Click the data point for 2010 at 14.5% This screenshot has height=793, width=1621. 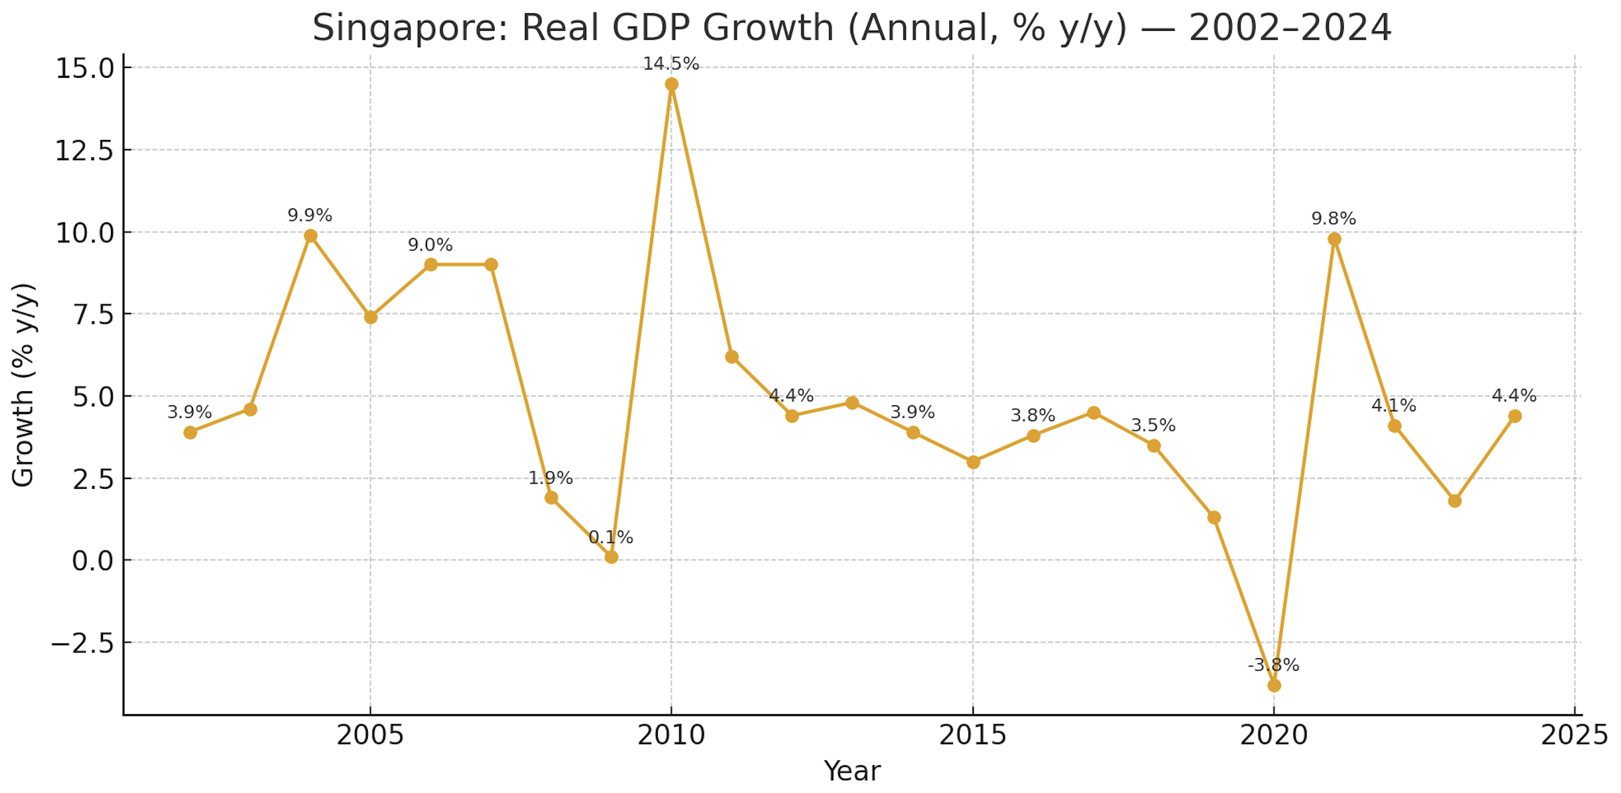(672, 84)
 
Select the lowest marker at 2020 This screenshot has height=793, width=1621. (1274, 685)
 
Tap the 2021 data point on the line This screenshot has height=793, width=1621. (1334, 239)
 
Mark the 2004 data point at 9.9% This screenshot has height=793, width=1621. (310, 236)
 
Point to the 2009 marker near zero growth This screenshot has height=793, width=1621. (611, 557)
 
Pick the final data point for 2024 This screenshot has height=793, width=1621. (1515, 416)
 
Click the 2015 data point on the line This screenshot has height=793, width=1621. (973, 462)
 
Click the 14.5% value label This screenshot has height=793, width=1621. (671, 63)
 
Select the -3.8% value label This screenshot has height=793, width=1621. (1273, 665)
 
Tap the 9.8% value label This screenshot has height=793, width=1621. (1333, 218)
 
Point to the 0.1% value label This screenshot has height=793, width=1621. (611, 537)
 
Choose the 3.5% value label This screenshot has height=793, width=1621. (1153, 425)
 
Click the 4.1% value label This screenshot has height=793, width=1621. (1393, 406)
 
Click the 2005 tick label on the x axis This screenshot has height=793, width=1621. (370, 735)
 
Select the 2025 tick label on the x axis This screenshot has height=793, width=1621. (1575, 735)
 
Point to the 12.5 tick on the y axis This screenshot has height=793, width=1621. (84, 151)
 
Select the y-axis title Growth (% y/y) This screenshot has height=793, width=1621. (24, 385)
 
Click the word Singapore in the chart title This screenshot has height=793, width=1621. (410, 28)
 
